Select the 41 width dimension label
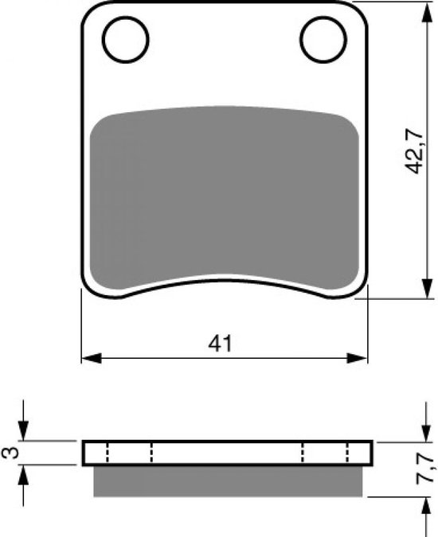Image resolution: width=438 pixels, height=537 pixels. point(220,343)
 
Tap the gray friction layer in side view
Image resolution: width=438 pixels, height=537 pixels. point(228,481)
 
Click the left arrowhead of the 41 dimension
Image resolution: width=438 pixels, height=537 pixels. point(92,358)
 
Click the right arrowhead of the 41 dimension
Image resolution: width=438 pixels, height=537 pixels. point(357,358)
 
